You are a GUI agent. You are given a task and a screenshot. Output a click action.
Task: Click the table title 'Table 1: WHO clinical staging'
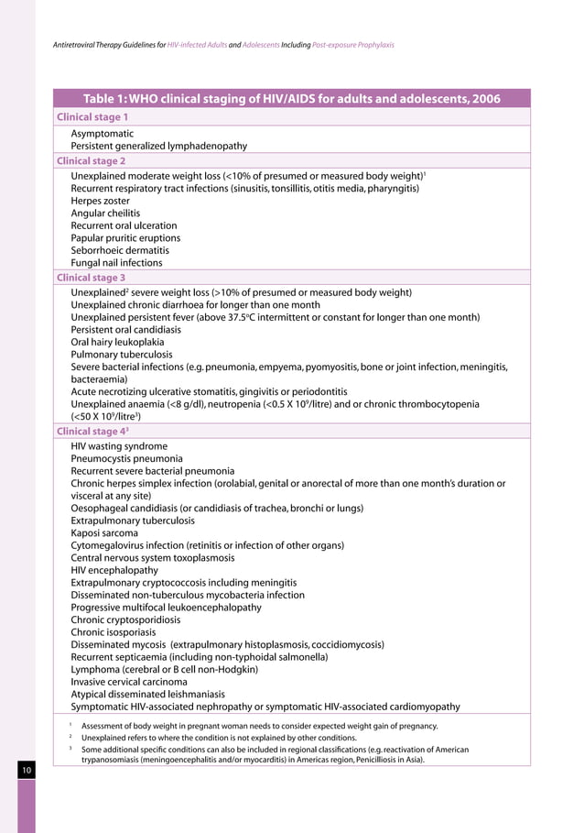pyautogui.click(x=291, y=99)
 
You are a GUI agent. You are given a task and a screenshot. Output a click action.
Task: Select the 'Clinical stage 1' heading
pyautogui.click(x=92, y=117)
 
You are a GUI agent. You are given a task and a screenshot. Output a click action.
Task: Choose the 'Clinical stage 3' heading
pyautogui.click(x=92, y=277)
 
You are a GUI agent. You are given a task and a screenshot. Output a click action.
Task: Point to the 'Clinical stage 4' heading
pyautogui.click(x=94, y=431)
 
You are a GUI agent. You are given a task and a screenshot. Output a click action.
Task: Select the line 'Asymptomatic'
pyautogui.click(x=103, y=133)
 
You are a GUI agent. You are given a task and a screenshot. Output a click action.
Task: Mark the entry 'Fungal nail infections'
pyautogui.click(x=116, y=263)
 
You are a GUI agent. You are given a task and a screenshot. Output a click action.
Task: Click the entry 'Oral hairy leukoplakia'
pyautogui.click(x=118, y=342)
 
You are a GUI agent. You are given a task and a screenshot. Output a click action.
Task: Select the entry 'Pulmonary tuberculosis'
pyautogui.click(x=122, y=355)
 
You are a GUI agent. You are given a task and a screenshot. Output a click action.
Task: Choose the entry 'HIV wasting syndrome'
pyautogui.click(x=119, y=445)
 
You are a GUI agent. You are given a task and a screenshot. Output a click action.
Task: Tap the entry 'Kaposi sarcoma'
pyautogui.click(x=104, y=532)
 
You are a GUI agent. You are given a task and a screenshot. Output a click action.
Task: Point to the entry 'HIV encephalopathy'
pyautogui.click(x=114, y=569)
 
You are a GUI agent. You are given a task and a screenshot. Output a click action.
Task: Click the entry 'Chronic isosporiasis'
pyautogui.click(x=114, y=631)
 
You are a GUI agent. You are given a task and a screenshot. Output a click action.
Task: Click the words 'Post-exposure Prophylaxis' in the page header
pyautogui.click(x=353, y=44)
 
